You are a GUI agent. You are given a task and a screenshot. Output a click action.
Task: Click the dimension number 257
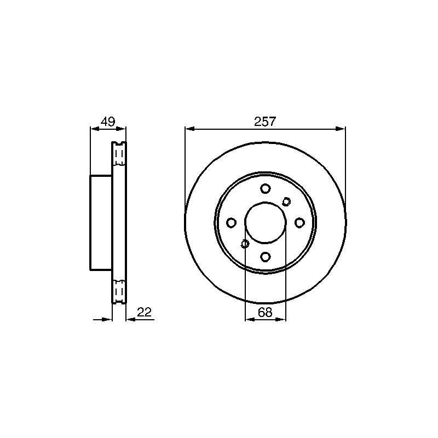click(265, 122)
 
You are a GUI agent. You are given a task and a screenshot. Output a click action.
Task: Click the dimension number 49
click(108, 122)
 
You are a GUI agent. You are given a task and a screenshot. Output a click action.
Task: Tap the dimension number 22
click(144, 312)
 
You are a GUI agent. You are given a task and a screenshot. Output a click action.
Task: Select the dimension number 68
click(265, 312)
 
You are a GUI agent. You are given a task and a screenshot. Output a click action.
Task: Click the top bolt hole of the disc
click(266, 188)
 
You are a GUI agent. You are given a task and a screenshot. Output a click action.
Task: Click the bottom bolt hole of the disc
click(266, 256)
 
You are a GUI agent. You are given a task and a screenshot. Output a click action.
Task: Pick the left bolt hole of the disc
click(231, 223)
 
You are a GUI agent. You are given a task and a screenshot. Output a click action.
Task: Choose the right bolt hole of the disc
click(299, 223)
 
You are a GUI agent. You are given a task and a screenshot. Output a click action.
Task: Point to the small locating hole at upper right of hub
click(286, 201)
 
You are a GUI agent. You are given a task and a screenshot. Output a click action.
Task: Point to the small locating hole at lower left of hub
click(245, 244)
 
